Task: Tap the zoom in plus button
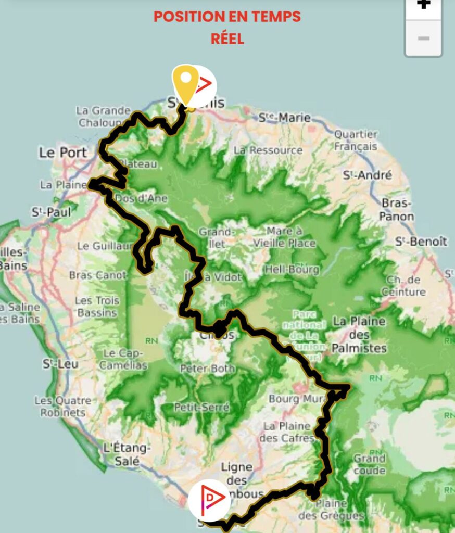pos(424,5)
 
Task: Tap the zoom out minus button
pos(424,39)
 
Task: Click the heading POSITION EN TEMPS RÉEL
pos(228,27)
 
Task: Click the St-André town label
pos(367,175)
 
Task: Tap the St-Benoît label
pos(421,242)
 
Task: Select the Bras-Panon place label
pos(397,209)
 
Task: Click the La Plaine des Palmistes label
pos(360,334)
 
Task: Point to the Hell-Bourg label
pos(285,269)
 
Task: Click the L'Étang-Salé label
pos(127,454)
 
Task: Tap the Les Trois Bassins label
pos(97,307)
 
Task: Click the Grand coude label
pos(370,464)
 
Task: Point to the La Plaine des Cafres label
pos(287,432)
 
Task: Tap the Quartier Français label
pos(356,140)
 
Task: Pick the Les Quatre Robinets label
pos(62,407)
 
